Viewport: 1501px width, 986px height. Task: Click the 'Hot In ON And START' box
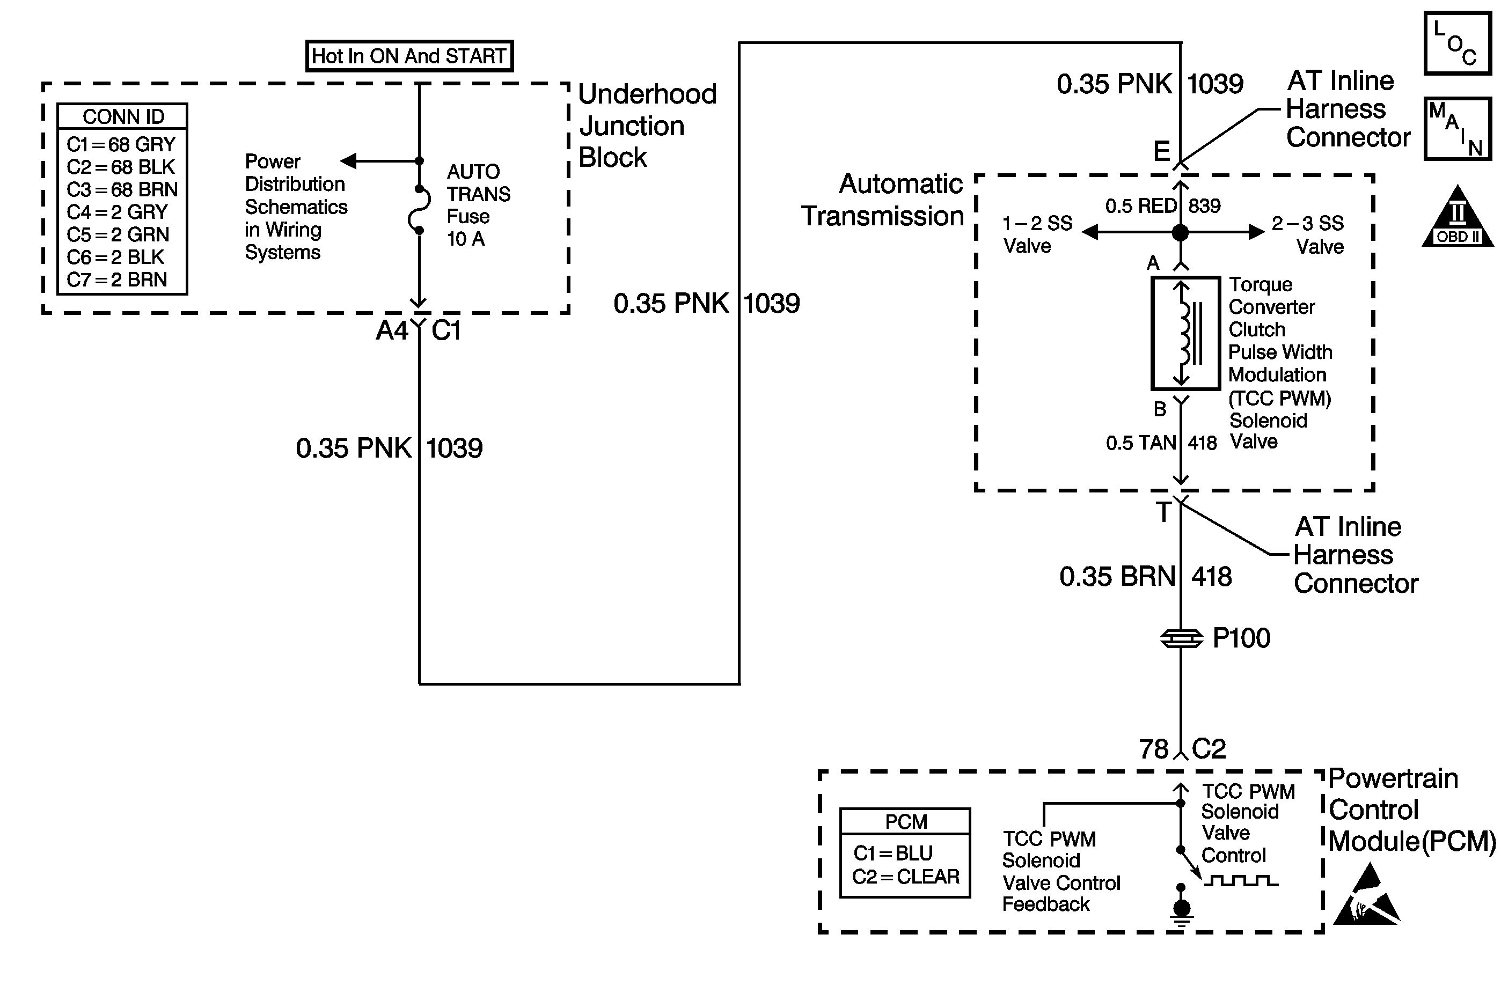[409, 56]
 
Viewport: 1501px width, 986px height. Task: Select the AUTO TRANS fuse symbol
[420, 210]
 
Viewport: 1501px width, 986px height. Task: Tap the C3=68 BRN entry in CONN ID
[122, 189]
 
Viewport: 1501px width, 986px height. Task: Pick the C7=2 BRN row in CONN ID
[118, 279]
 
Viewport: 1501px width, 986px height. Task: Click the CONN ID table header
[123, 116]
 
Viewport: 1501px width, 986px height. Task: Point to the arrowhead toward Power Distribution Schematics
[349, 161]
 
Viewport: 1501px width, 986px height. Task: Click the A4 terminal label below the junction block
[392, 330]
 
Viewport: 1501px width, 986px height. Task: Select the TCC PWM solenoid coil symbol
[1185, 333]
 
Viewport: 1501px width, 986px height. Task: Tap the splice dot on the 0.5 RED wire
[1180, 233]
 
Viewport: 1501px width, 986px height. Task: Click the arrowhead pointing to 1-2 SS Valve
[1090, 233]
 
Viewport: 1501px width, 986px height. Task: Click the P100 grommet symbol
[1181, 639]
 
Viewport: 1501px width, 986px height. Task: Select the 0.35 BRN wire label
[1117, 576]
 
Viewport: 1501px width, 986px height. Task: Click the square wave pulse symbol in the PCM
[1241, 880]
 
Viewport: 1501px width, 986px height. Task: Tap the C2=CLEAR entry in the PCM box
[906, 877]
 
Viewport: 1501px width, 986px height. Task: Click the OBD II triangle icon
[1458, 216]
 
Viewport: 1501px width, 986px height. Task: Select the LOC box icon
[1458, 43]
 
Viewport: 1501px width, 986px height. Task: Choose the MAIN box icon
[1458, 129]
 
